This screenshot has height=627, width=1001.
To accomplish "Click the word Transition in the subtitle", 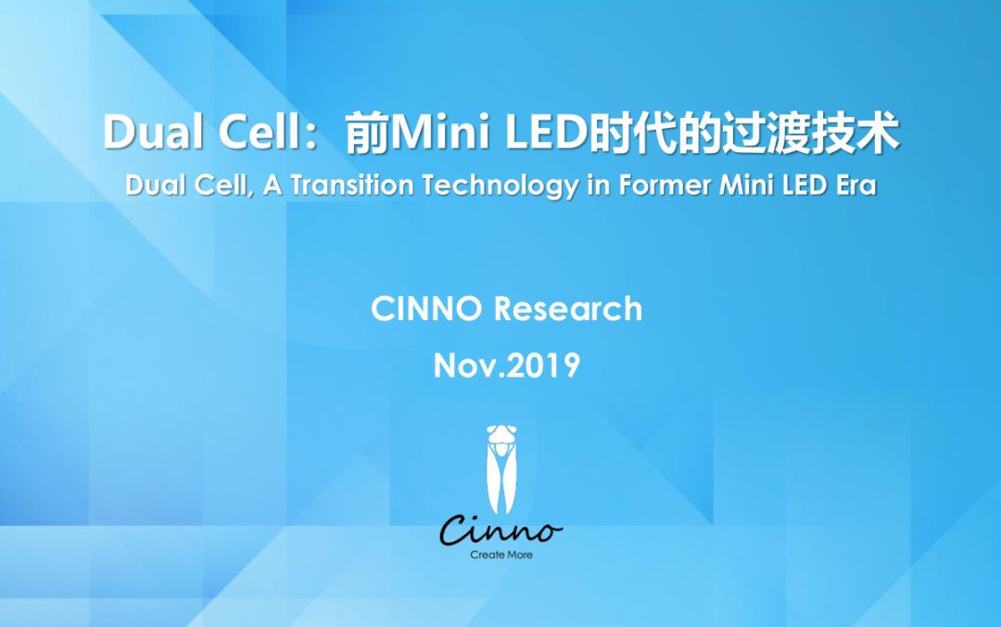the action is click(352, 186).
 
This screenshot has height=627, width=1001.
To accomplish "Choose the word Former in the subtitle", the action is click(665, 186).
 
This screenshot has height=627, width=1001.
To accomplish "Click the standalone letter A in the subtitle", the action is click(272, 186).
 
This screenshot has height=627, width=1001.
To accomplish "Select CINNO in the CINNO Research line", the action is click(426, 309).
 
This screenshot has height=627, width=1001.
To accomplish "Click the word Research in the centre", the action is click(568, 309).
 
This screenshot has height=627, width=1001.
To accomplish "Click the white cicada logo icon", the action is click(501, 469).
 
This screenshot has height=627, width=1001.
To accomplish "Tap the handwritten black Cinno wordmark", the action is click(501, 530).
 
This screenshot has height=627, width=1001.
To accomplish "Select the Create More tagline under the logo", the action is click(501, 555).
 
